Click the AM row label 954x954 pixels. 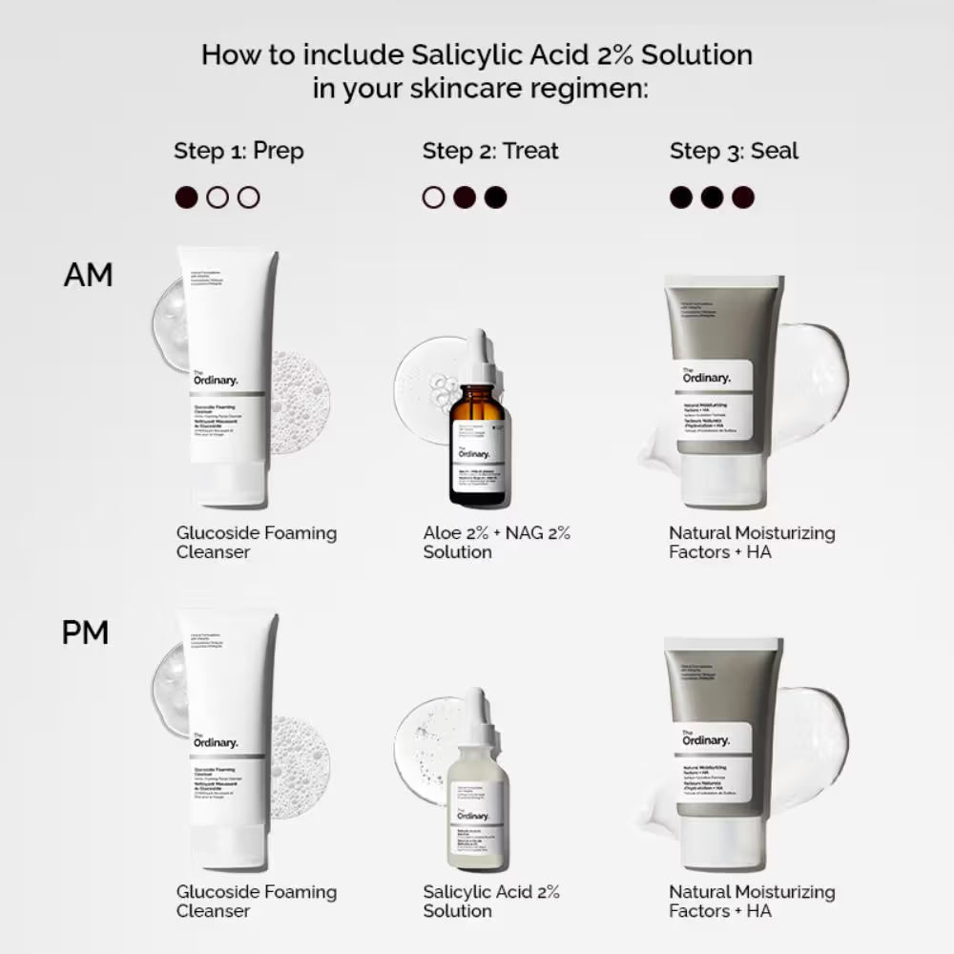pos(88,275)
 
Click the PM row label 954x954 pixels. pos(85,633)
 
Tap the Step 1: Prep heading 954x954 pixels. pos(238,151)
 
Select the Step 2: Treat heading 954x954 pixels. pos(490,151)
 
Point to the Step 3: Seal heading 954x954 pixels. pos(734,151)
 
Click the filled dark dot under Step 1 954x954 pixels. pos(187,197)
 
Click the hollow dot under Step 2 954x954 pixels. pos(433,197)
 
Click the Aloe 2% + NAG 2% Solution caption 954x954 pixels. pos(496,542)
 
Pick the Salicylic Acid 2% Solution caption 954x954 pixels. pos(491,901)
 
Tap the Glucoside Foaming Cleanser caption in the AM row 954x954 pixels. pos(256,542)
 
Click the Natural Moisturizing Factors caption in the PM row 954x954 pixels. pos(751,901)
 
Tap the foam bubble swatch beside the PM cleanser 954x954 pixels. pos(300,754)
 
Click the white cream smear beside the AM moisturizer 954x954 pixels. pos(811,382)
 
